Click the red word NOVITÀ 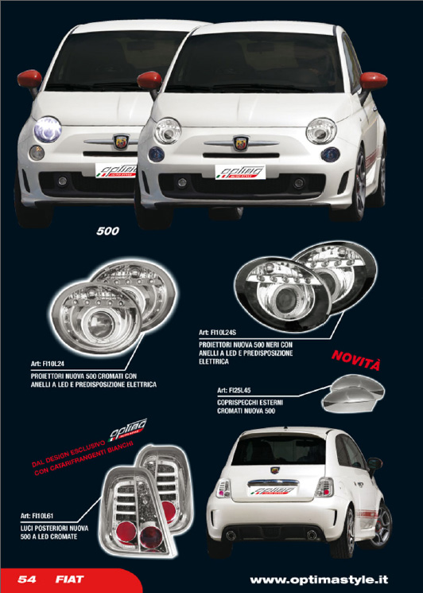tap(355, 361)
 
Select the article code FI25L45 tap(239, 390)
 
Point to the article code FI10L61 tap(42, 516)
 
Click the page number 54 tap(27, 579)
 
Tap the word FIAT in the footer tap(70, 579)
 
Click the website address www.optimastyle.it tap(319, 579)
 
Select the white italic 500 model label tap(107, 231)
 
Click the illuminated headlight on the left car tap(48, 129)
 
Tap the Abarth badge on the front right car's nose tap(241, 144)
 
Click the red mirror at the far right tap(373, 80)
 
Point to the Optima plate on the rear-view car tap(273, 490)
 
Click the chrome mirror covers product tap(353, 393)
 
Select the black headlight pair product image tap(305, 287)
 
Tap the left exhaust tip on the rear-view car tap(231, 535)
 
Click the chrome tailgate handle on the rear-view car tap(273, 482)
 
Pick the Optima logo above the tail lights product tap(127, 430)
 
